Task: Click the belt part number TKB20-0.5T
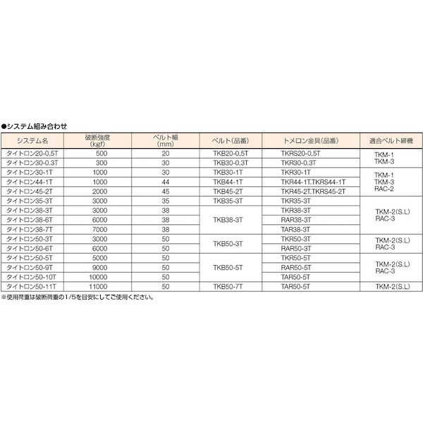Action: tap(228, 152)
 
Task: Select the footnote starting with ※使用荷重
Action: tap(78, 297)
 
